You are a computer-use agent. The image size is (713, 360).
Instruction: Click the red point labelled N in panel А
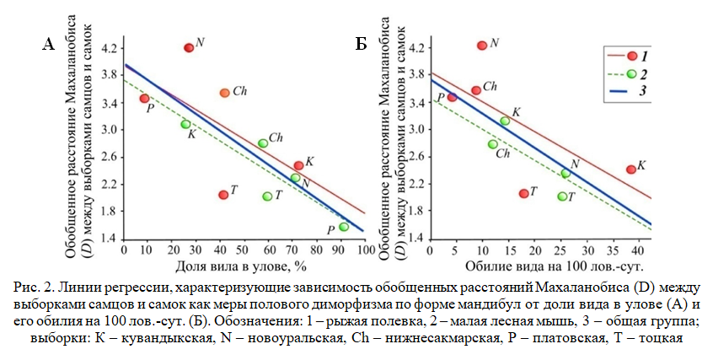189,47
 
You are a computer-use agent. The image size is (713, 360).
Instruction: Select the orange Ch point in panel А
224,93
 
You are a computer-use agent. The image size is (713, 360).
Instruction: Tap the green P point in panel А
344,227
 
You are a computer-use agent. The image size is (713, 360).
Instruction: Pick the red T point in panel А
223,195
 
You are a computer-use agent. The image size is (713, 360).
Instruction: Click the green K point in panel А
185,124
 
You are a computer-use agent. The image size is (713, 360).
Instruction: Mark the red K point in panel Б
631,169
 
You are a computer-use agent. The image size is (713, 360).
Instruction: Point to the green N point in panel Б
566,173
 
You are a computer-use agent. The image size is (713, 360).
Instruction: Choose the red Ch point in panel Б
476,90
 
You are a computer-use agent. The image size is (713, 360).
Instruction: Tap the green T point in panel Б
562,196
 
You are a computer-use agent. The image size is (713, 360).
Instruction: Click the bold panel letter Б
360,44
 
